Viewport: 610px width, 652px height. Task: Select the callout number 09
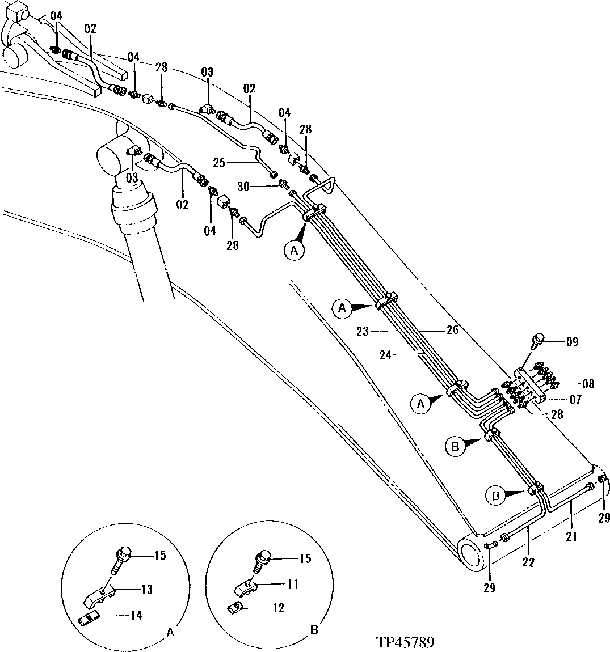click(571, 342)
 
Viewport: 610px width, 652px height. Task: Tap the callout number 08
click(588, 384)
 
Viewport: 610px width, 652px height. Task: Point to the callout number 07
click(576, 400)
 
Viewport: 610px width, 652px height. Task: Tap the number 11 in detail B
click(293, 584)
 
